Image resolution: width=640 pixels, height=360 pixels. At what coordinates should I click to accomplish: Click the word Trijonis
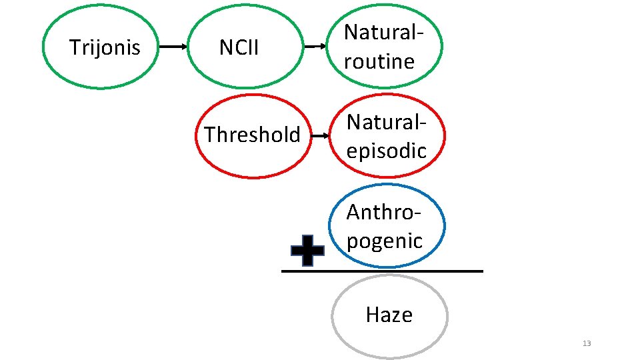[x=105, y=47]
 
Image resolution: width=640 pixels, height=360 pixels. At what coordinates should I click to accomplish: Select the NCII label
[x=239, y=47]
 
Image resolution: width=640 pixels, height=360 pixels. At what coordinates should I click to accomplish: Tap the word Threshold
[x=252, y=135]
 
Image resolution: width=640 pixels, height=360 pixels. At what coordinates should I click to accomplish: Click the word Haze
[x=389, y=315]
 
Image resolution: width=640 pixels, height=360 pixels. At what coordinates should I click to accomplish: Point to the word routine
[x=379, y=61]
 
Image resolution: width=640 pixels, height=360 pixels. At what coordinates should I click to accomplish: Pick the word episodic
[x=386, y=151]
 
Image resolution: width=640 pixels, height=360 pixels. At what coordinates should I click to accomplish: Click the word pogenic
[x=385, y=240]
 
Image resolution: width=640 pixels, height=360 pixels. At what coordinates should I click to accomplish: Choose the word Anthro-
[x=384, y=212]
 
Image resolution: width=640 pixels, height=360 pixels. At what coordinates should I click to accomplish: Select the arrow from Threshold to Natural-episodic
[x=321, y=135]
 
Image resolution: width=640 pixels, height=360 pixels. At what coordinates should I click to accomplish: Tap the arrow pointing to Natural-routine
[x=316, y=47]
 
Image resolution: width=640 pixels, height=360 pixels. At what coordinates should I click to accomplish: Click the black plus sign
[x=308, y=251]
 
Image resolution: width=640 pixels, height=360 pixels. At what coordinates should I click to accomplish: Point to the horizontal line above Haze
[x=381, y=271]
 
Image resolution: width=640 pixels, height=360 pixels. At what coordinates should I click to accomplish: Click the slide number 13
[x=587, y=343]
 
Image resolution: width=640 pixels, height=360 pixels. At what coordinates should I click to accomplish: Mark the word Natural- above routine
[x=385, y=33]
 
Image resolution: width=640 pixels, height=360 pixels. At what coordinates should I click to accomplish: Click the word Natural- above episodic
[x=386, y=122]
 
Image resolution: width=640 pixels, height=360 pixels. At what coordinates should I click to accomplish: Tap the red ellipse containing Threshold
[x=253, y=169]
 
